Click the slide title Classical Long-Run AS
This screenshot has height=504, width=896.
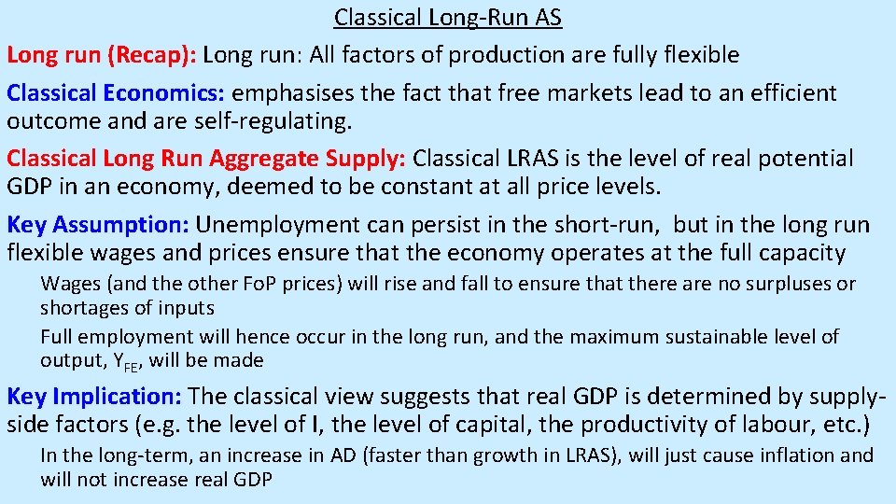pyautogui.click(x=448, y=17)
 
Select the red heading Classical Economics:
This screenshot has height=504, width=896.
pyautogui.click(x=116, y=93)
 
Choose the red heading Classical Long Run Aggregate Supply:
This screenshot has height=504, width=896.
pyautogui.click(x=206, y=160)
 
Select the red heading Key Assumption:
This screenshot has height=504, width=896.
pyautogui.click(x=97, y=225)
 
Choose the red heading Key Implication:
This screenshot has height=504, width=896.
pyautogui.click(x=94, y=397)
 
